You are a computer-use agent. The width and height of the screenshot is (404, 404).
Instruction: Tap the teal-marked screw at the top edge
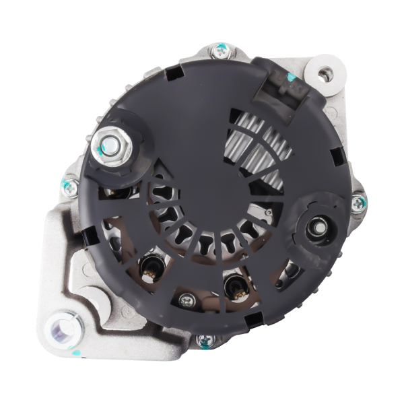(220, 50)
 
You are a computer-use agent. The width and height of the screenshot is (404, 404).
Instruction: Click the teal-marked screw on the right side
(358, 201)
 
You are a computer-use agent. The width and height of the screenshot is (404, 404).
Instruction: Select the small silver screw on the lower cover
(188, 301)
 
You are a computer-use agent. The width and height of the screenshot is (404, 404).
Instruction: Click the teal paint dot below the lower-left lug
(77, 352)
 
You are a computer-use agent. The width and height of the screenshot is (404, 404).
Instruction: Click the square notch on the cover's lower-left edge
(88, 237)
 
